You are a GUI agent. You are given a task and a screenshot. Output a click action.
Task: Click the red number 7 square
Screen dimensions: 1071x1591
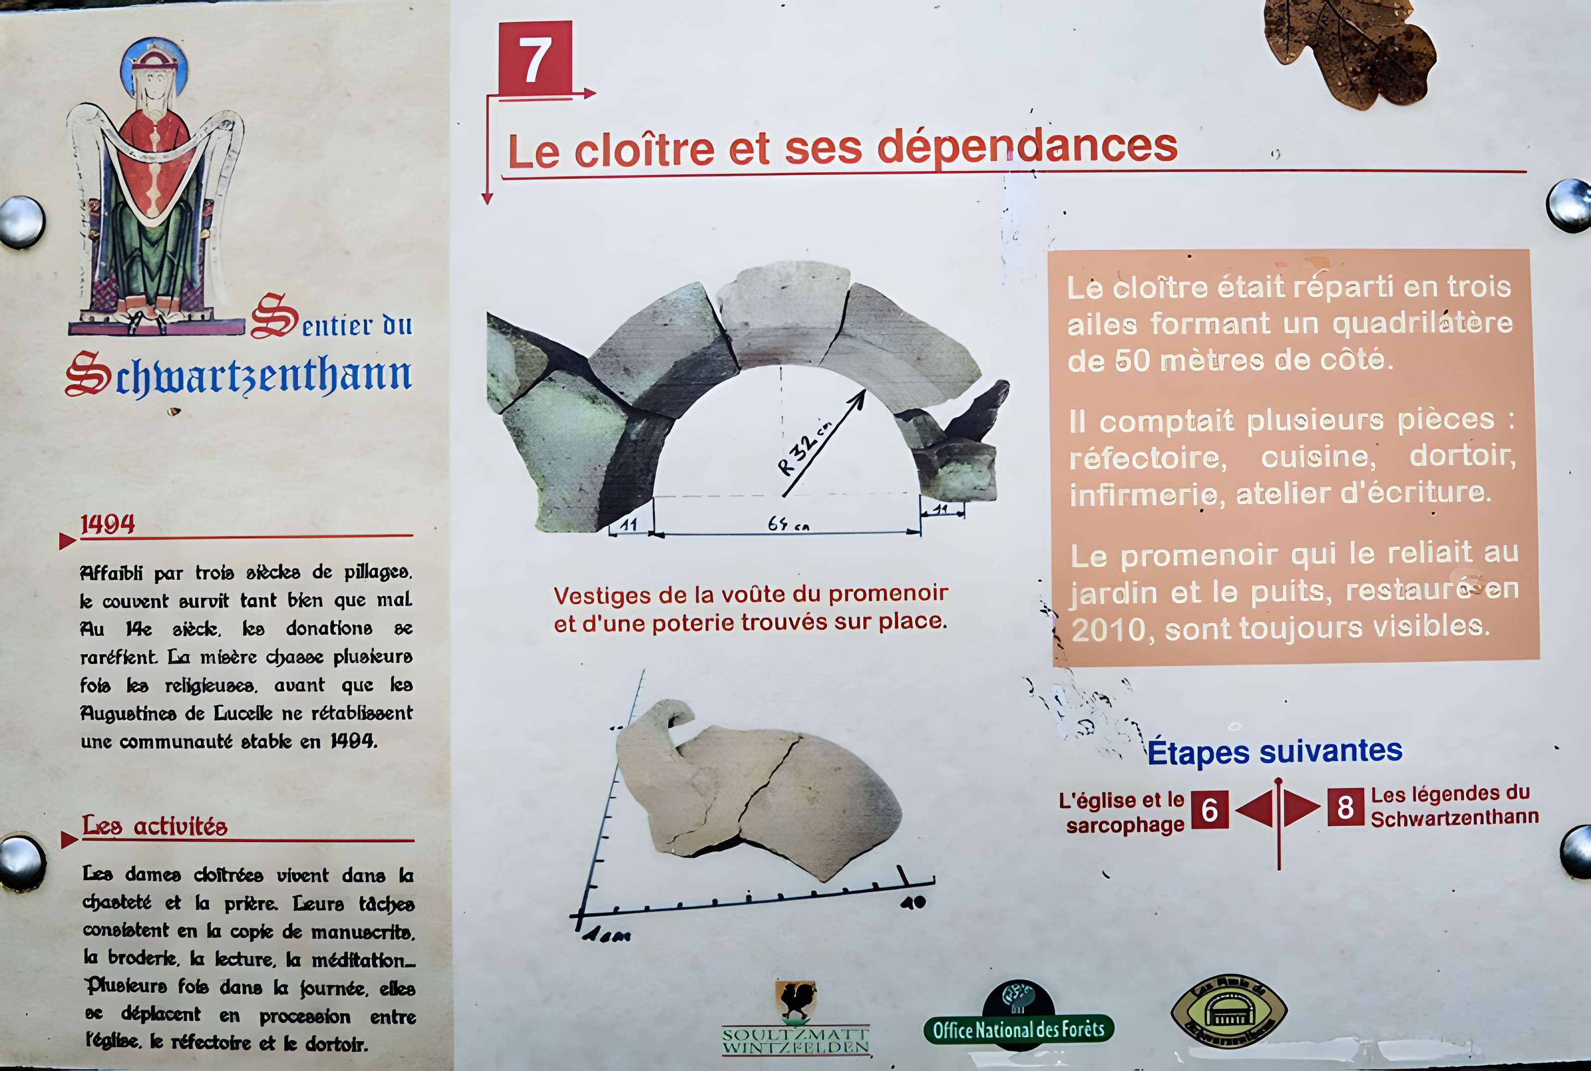[x=535, y=58]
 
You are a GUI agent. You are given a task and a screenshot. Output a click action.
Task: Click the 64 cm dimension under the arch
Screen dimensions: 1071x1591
[x=788, y=524]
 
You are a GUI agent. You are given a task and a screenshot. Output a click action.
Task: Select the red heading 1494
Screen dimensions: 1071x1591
[x=107, y=525]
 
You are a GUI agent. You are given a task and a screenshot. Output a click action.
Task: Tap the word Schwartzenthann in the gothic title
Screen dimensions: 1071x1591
[x=239, y=375]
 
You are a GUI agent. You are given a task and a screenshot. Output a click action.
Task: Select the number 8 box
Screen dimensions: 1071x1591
[x=1345, y=807]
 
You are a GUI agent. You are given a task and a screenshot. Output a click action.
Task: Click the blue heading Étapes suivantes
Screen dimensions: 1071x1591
[x=1275, y=751]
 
